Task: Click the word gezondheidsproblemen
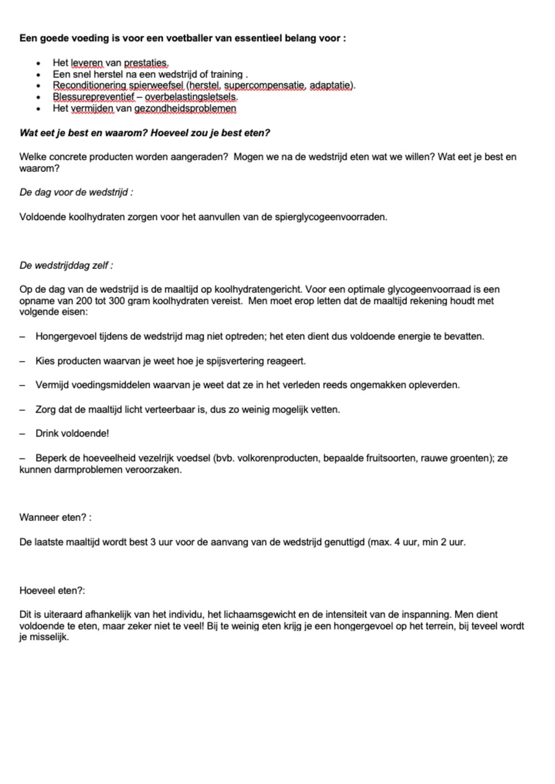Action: pyautogui.click(x=185, y=109)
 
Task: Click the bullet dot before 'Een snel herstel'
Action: pyautogui.click(x=38, y=75)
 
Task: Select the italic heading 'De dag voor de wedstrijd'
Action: pyautogui.click(x=75, y=192)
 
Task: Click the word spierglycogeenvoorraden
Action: pyautogui.click(x=330, y=217)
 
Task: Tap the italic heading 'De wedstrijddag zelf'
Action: pyautogui.click(x=66, y=266)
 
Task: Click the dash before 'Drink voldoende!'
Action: pyautogui.click(x=23, y=434)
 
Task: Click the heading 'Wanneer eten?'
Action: pyautogui.click(x=55, y=517)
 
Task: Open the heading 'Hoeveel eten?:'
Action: pyautogui.click(x=52, y=590)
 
